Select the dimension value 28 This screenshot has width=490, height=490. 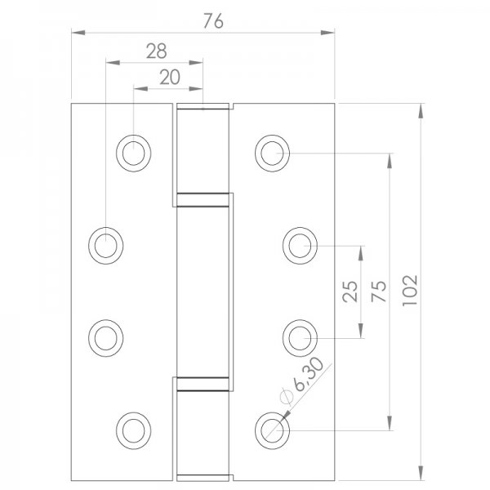(156, 51)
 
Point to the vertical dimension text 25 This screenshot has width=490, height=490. (350, 291)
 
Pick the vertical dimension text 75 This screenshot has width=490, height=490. (379, 291)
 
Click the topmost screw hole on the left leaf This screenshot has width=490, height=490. (134, 153)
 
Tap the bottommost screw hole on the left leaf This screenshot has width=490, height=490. (134, 428)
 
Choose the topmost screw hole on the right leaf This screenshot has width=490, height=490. (272, 153)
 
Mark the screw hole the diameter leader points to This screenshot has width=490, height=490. (272, 428)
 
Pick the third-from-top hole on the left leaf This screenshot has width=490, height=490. (105, 336)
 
